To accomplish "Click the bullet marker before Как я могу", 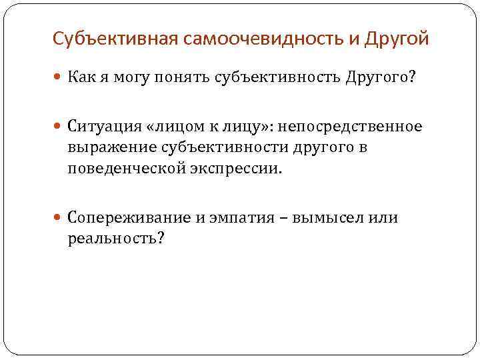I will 59,79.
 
